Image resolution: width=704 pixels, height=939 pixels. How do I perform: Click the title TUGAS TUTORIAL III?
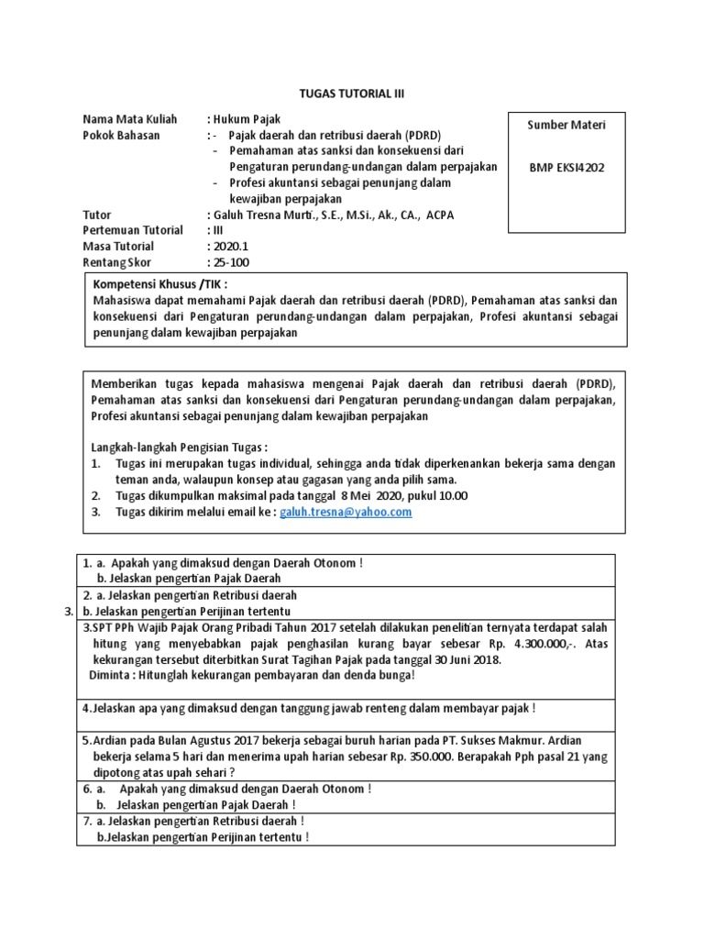(x=352, y=94)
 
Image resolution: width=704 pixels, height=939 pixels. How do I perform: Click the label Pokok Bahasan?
(x=121, y=135)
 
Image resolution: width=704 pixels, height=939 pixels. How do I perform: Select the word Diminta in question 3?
(x=114, y=675)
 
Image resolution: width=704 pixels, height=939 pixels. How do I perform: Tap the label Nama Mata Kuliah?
(x=130, y=119)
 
